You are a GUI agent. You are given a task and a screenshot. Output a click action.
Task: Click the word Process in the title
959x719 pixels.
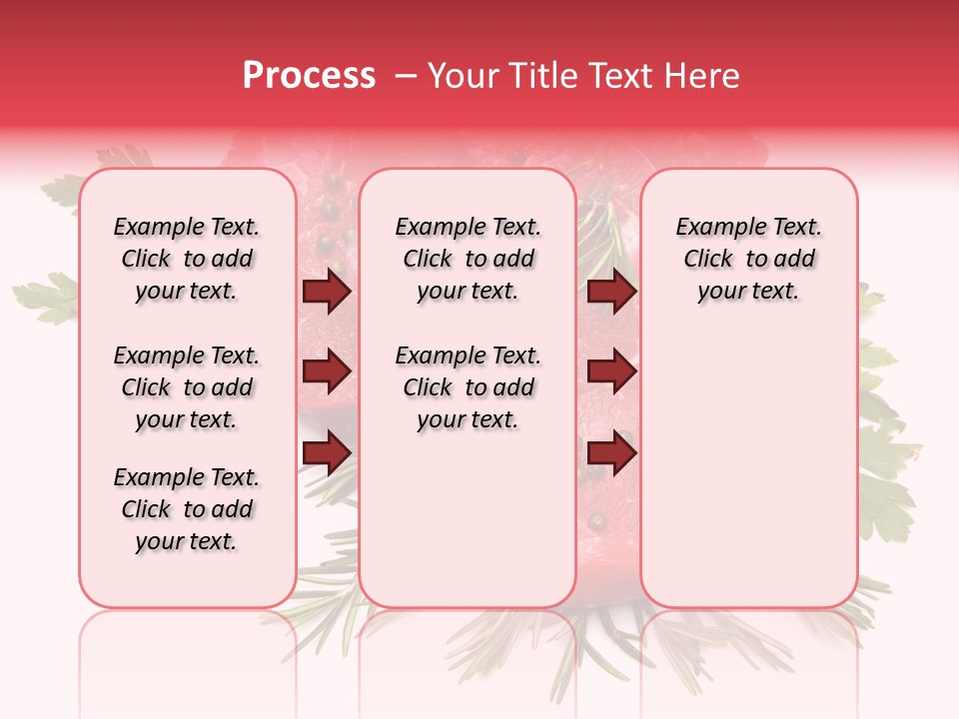click(309, 76)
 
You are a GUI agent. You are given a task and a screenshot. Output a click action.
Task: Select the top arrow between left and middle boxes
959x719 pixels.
click(327, 292)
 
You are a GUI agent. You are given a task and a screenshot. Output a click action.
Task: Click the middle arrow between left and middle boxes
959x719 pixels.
click(327, 371)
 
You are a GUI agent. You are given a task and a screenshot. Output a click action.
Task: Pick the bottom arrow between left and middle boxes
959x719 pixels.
click(327, 452)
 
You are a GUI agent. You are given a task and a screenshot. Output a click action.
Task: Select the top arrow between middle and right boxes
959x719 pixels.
click(611, 292)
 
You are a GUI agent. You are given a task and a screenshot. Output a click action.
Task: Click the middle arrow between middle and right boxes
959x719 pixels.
click(611, 371)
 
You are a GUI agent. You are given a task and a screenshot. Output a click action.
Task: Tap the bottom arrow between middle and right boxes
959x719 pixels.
click(611, 452)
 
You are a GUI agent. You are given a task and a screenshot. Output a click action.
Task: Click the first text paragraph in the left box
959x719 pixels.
click(187, 259)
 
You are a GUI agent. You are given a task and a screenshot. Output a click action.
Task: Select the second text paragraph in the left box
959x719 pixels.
click(187, 387)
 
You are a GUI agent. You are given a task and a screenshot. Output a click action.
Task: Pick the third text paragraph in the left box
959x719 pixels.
click(187, 509)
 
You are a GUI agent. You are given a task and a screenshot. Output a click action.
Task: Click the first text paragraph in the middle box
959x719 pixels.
click(468, 259)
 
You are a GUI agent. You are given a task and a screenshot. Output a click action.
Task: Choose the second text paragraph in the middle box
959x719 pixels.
click(468, 387)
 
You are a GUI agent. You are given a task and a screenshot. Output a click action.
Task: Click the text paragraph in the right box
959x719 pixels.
click(748, 259)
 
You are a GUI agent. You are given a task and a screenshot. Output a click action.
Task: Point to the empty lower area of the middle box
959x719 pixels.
click(468, 519)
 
